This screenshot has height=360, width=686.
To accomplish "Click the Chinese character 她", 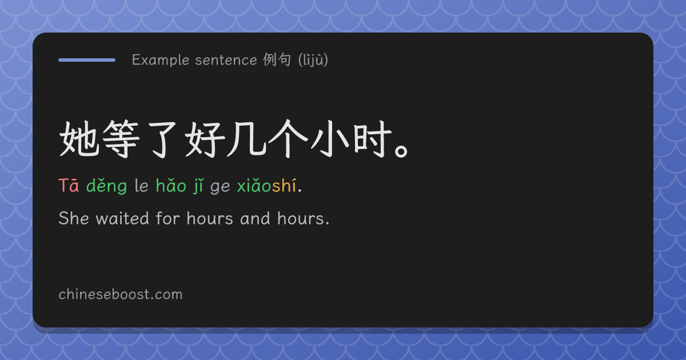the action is pos(79,139).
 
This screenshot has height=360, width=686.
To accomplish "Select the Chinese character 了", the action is pos(162,140).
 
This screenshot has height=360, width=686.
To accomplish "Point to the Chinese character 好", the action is pos(205,139).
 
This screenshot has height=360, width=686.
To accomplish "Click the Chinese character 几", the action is pos(246,139).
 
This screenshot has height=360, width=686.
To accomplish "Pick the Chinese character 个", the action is pos(288,139).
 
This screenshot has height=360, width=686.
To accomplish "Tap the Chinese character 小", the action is pos(330,139).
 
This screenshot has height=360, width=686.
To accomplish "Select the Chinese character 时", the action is pos(373,139).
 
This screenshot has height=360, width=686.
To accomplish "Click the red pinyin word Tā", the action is pos(69,185).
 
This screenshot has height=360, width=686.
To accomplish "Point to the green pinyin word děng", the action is pos(106,186).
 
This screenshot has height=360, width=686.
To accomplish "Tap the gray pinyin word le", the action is pos(142,185).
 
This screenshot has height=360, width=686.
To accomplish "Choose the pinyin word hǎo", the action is pos(171,185).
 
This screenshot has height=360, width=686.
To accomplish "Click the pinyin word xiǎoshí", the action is pos(266,185).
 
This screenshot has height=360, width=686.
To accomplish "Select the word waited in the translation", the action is pos(122,218).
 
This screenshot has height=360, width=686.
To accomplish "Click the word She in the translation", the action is pos(74,218).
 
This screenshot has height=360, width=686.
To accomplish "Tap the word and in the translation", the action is pos(255,218).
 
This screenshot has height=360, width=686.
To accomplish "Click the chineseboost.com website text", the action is pos(121,294).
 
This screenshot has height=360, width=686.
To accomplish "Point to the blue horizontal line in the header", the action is pos(87,60).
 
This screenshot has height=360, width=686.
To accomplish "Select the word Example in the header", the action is pos(161,60).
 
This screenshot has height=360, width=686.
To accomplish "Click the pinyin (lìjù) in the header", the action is pos(313,60).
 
